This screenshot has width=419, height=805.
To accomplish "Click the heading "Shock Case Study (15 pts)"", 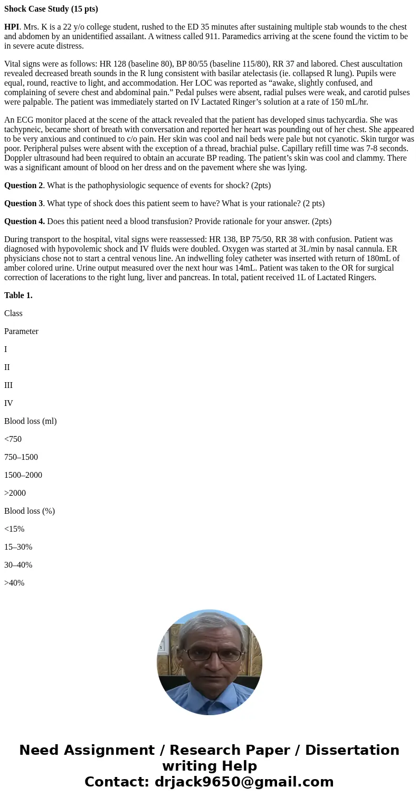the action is pyautogui.click(x=51, y=9).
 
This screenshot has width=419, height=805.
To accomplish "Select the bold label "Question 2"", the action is pyautogui.click(x=24, y=186).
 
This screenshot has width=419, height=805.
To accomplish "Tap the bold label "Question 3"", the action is pyautogui.click(x=24, y=203).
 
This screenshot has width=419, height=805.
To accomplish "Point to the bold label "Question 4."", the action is pyautogui.click(x=24, y=221).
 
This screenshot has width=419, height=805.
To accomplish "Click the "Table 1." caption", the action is pyautogui.click(x=18, y=295).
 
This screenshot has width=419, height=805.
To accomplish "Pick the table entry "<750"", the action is pyautogui.click(x=13, y=439).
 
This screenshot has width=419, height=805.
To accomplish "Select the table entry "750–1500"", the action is pyautogui.click(x=21, y=457).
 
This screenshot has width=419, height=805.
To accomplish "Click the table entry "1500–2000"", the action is pyautogui.click(x=23, y=475).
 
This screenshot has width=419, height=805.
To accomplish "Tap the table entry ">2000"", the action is pyautogui.click(x=15, y=493).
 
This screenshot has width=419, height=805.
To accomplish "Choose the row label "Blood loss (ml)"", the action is pyautogui.click(x=31, y=421).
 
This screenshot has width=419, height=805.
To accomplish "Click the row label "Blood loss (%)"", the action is pyautogui.click(x=30, y=511).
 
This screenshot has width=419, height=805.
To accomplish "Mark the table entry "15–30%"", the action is pyautogui.click(x=18, y=547).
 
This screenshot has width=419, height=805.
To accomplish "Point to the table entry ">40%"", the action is pyautogui.click(x=14, y=583).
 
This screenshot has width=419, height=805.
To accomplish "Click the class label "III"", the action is pyautogui.click(x=8, y=385).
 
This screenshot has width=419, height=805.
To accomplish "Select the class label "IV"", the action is pyautogui.click(x=8, y=403).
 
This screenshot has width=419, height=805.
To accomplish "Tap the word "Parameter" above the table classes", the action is pyautogui.click(x=21, y=331).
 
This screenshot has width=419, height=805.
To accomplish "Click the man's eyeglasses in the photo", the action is pyautogui.click(x=207, y=654).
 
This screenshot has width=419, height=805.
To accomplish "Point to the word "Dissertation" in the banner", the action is pyautogui.click(x=352, y=751).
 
